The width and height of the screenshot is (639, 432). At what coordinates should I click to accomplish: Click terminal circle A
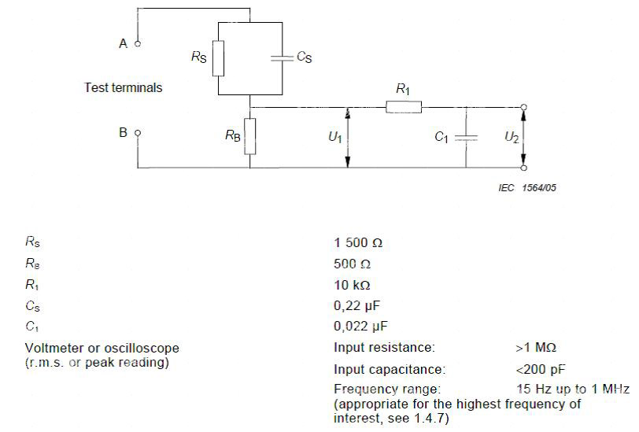[138, 43]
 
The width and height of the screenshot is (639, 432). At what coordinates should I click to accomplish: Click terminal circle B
[138, 133]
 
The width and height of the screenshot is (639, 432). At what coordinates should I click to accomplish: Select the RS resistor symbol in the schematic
[219, 58]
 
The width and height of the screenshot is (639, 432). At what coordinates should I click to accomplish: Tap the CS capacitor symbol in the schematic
[282, 58]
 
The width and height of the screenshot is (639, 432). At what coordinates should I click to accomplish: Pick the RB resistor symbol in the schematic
[250, 137]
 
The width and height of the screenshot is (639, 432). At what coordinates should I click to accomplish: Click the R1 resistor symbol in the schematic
[404, 108]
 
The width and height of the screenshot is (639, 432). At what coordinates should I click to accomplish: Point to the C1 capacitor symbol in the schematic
[466, 138]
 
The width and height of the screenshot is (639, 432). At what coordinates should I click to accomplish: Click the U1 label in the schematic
[335, 137]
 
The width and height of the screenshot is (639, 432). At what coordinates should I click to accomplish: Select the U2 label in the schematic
[512, 137]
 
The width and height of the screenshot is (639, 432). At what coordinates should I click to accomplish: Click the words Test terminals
[124, 87]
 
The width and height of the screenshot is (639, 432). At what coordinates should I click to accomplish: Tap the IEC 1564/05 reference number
[527, 188]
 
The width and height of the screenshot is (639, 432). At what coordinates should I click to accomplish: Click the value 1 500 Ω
[358, 243]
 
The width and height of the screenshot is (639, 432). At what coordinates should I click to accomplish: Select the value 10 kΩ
[352, 285]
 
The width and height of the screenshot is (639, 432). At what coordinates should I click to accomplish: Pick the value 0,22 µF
[356, 305]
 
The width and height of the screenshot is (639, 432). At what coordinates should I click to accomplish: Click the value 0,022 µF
[360, 326]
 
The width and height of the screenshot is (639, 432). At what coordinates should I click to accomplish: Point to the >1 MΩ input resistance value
[536, 348]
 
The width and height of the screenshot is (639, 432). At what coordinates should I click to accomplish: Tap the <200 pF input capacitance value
[541, 370]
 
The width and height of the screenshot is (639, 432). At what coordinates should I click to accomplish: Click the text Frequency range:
[387, 390]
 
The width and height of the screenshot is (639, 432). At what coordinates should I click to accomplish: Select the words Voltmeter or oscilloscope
[102, 348]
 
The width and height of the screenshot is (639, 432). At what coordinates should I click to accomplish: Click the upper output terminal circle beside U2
[524, 107]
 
